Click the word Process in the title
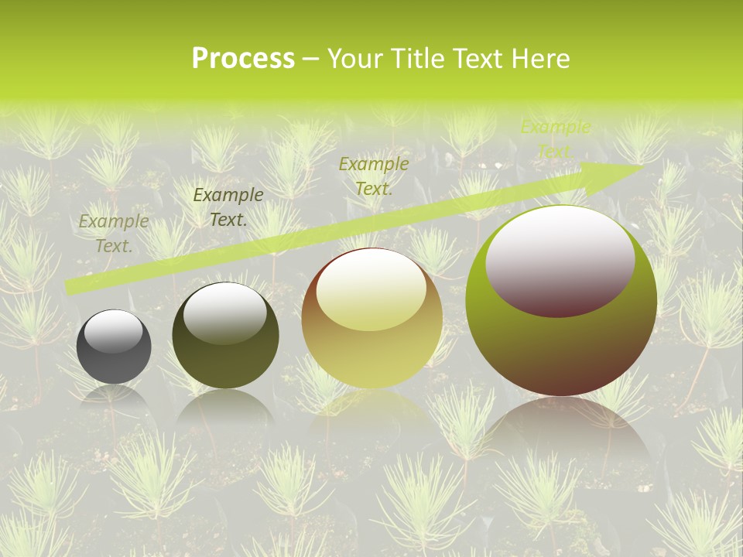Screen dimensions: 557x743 coord(243,59)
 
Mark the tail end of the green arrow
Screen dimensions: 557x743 coord(68,288)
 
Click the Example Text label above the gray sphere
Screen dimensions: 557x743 coord(114,234)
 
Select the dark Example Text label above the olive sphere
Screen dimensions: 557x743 coord(228,207)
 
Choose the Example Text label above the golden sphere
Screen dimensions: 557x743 coord(374,176)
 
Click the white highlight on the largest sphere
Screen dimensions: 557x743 coord(560,259)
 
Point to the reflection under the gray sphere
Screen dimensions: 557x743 coord(114,398)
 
